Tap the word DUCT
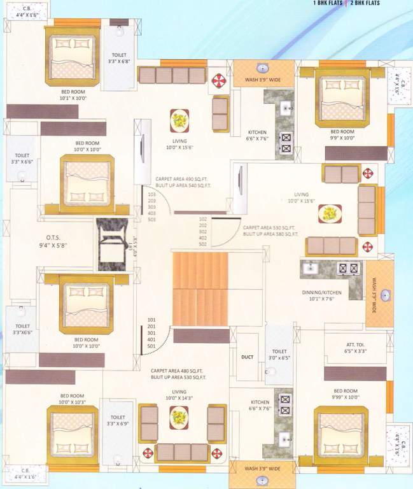pos(248,357)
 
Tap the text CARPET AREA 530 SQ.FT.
pos(270,227)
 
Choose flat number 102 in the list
pos(203,219)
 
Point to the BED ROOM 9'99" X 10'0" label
pos(345,395)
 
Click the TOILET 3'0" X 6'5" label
pos(279,355)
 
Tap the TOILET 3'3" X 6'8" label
pos(119,59)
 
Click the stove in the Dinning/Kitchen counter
pos(349,269)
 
